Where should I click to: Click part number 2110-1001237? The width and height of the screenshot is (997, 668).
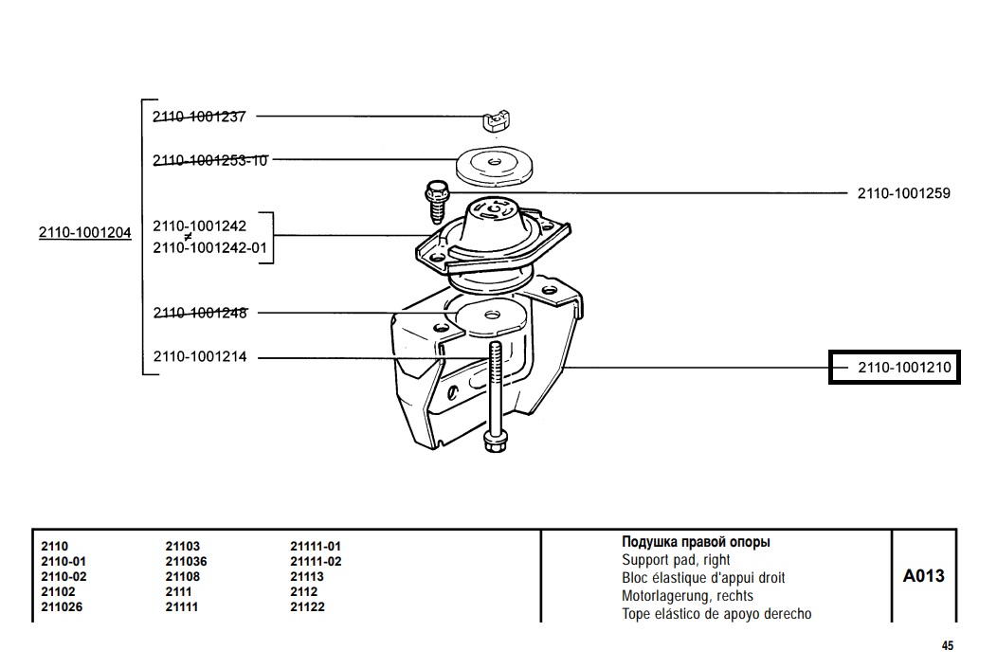199,117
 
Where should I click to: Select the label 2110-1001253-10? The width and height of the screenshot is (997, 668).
210,160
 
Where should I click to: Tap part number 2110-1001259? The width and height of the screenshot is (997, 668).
903,193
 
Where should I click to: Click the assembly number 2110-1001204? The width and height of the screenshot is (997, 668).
85,232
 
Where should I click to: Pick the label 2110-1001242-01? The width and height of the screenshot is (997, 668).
210,247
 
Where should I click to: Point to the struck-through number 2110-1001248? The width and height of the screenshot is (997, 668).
199,313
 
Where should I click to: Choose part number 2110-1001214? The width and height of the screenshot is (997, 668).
199,357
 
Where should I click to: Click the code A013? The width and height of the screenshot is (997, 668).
923,575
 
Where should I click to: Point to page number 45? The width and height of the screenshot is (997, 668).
947,646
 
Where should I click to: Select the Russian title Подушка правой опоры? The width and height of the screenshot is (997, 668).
696,542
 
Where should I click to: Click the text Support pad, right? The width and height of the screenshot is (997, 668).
676,560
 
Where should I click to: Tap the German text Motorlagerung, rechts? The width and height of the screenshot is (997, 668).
687,596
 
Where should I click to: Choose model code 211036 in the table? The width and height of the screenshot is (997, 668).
186,561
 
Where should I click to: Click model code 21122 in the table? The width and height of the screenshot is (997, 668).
307,606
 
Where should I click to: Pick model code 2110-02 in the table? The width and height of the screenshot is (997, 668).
63,576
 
